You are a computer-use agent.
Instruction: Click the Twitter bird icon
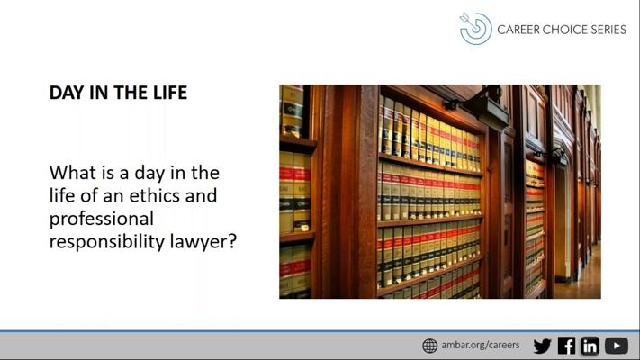543,346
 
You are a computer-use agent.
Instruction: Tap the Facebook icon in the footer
566,346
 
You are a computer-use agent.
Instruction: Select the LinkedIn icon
590,346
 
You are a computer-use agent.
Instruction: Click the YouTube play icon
617,346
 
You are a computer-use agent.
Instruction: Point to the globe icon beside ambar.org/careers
429,346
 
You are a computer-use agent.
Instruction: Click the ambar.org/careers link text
481,345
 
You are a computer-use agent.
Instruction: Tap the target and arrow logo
475,28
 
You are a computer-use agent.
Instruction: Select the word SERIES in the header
606,30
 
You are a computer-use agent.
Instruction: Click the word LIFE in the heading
170,93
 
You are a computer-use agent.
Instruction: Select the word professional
101,220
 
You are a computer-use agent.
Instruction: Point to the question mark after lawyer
232,241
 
